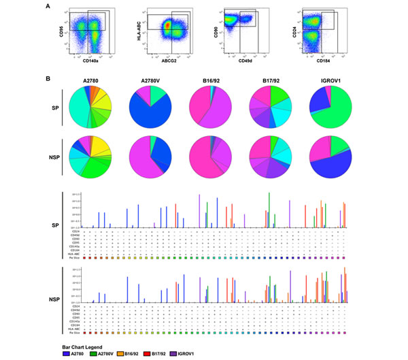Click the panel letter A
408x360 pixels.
[x=47, y=6]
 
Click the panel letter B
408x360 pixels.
[x=47, y=79]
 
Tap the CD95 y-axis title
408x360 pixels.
[x=59, y=29]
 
